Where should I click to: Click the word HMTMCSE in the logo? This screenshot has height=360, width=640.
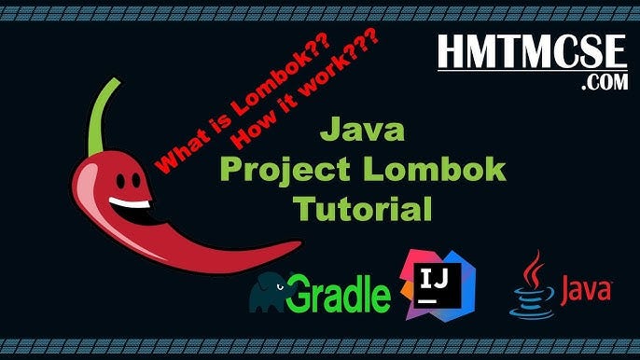[x=533, y=52]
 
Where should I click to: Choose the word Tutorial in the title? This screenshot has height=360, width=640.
[x=364, y=207]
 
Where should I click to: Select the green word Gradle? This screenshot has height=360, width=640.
[x=338, y=294]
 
